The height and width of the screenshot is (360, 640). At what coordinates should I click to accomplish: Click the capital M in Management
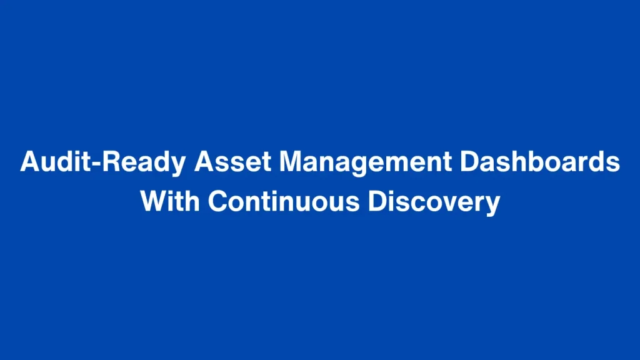point(291,162)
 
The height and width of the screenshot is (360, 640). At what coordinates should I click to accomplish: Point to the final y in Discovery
point(492,205)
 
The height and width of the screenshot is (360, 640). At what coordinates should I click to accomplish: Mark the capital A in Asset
point(204,162)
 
